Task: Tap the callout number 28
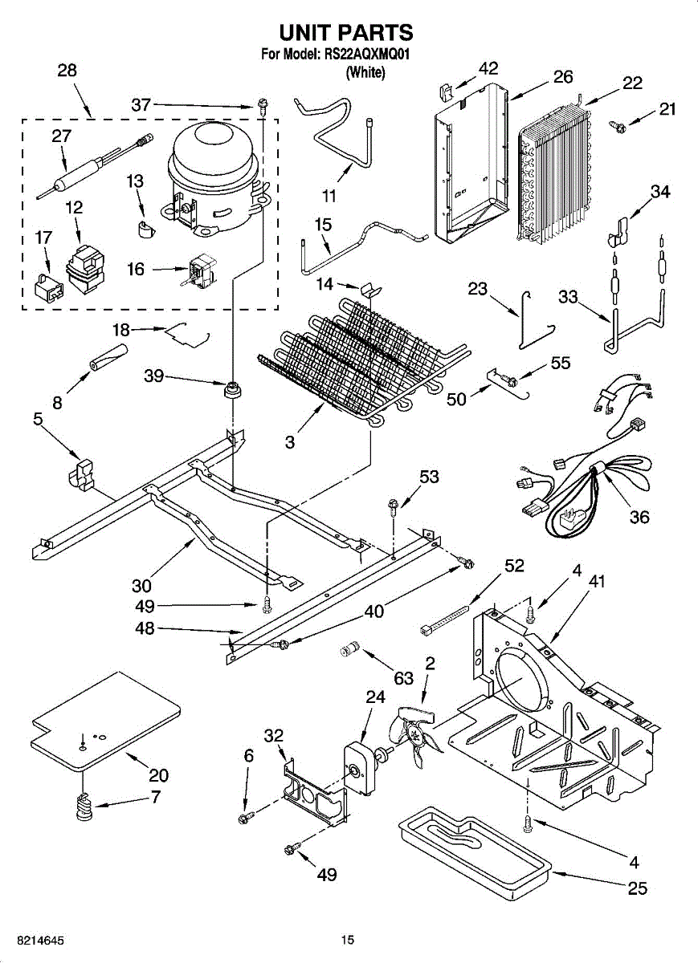[67, 70]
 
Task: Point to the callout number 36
[639, 517]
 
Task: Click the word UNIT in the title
[312, 33]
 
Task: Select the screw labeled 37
[261, 107]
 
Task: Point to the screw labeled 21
[617, 125]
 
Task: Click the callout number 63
[404, 678]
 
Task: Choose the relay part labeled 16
[202, 272]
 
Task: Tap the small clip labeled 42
[444, 92]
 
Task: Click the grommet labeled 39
[233, 390]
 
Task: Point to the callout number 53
[429, 477]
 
